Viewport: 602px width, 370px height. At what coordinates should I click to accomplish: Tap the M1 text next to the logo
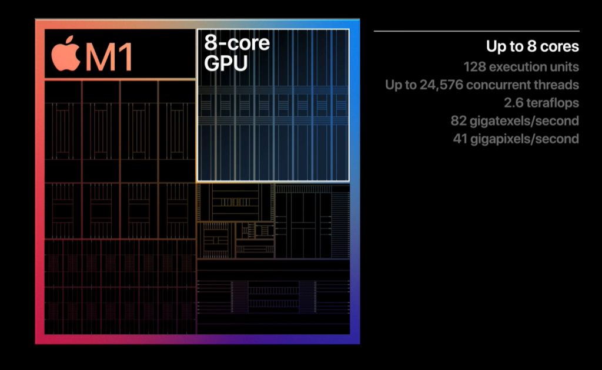109,57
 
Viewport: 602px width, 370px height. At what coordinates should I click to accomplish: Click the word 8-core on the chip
237,42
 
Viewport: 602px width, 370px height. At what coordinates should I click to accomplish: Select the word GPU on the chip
226,63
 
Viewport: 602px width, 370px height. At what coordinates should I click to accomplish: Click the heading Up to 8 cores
533,46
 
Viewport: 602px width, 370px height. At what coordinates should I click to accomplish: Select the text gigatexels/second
524,121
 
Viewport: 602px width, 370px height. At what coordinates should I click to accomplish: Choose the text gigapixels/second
525,139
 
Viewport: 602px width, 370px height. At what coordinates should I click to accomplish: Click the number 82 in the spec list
459,121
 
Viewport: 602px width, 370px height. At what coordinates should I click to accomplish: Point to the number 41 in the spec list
460,139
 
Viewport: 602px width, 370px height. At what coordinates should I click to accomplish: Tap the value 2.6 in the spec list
513,103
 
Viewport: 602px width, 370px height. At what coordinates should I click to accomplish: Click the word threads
556,85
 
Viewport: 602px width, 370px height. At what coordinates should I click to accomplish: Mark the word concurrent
498,85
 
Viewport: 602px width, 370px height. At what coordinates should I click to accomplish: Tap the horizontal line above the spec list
476,31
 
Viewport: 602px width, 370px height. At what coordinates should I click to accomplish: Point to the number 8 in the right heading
531,46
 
